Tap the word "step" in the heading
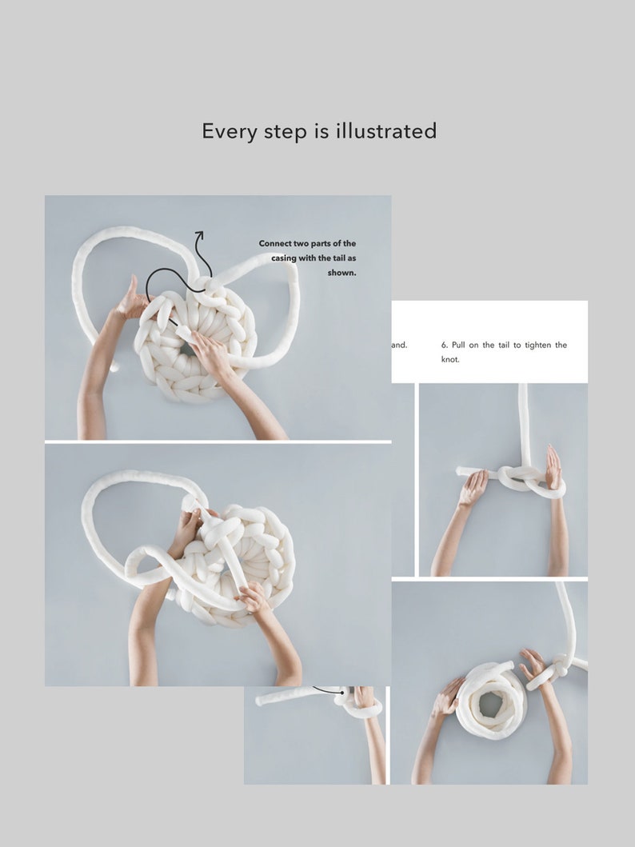click(286, 132)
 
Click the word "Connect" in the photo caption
click(278, 243)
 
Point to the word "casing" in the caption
click(287, 258)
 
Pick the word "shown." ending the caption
click(341, 273)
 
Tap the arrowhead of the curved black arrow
click(198, 234)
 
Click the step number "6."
click(445, 346)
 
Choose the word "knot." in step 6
click(450, 360)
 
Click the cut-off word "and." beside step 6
click(399, 346)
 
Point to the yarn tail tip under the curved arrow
click(182, 331)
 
